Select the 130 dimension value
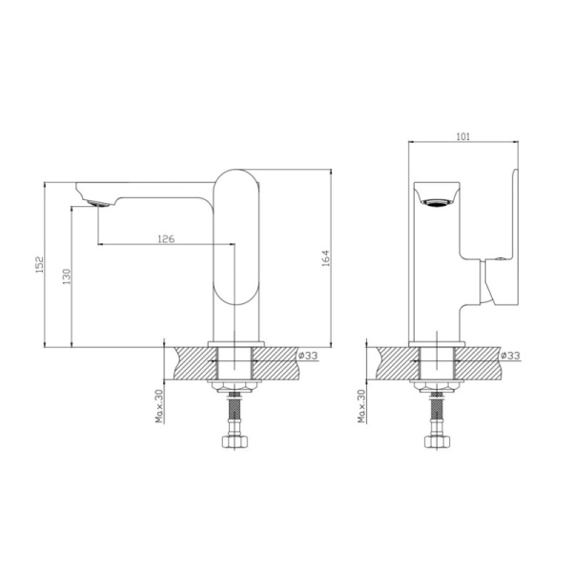[66, 276]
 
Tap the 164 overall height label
[325, 257]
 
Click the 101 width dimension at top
[462, 137]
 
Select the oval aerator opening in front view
[438, 201]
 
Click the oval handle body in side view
[235, 238]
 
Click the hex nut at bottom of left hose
[235, 443]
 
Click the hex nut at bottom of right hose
[436, 443]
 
